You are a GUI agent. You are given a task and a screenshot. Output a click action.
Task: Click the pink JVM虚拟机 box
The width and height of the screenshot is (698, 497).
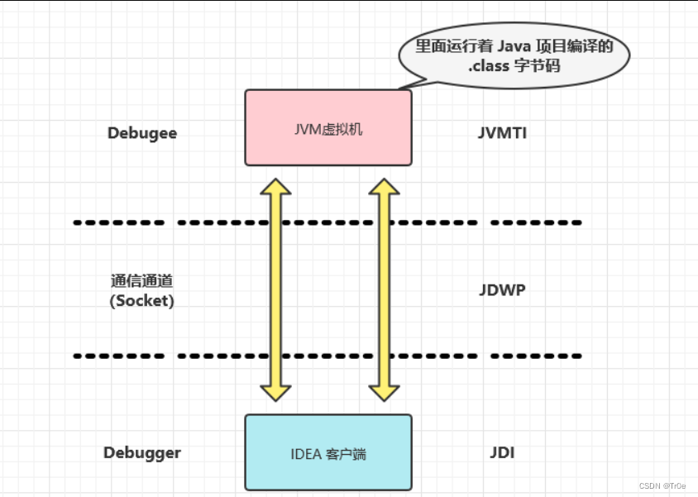327,127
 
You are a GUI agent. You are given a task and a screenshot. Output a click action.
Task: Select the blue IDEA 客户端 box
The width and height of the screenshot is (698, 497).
327,452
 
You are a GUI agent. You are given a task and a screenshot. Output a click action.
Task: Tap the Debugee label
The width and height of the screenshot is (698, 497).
142,133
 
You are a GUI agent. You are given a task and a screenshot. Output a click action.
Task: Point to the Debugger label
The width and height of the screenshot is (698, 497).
142,452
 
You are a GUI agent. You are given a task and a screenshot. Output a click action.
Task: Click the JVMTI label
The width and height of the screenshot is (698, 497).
502,133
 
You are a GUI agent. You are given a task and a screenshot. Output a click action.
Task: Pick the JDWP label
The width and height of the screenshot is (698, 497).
502,290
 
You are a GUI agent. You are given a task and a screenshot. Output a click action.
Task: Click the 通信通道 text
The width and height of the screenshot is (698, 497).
141,281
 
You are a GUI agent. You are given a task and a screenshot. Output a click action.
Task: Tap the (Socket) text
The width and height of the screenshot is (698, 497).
142,301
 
